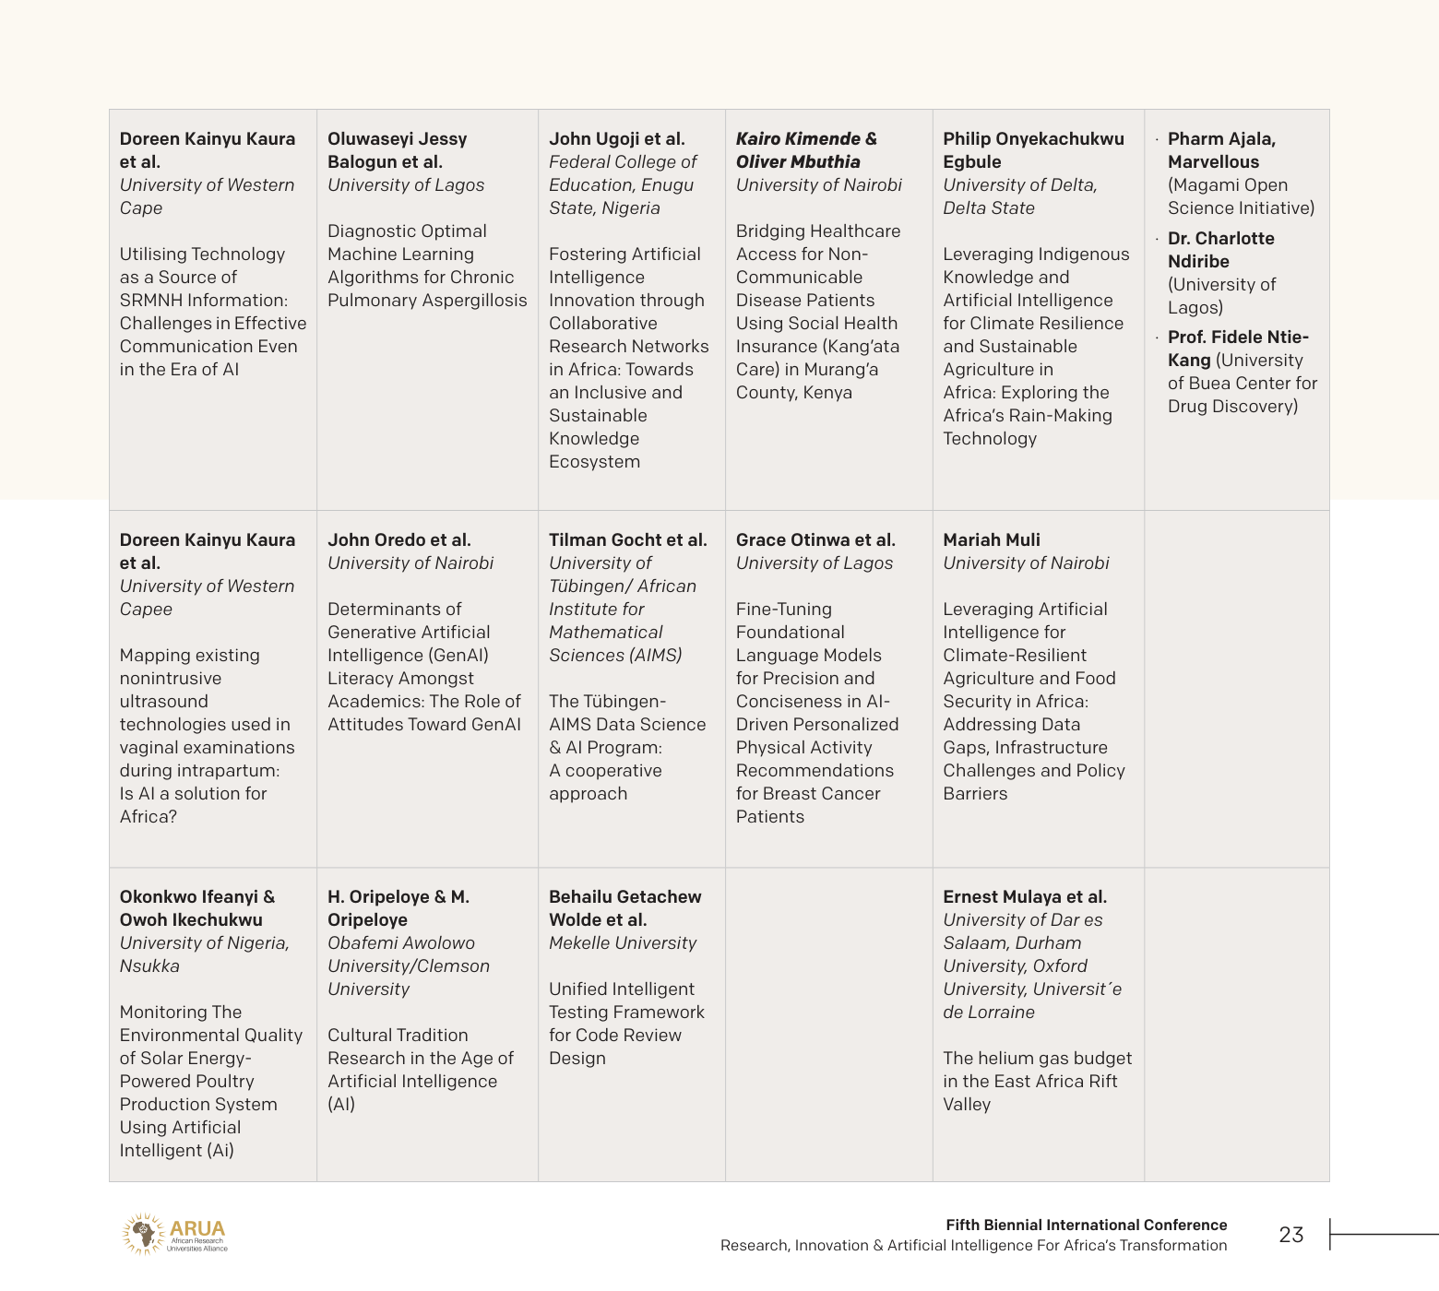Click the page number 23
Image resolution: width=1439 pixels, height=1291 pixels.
click(x=1290, y=1235)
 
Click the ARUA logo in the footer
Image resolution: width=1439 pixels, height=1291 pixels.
click(x=175, y=1234)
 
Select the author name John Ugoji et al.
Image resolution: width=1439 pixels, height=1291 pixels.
click(x=616, y=139)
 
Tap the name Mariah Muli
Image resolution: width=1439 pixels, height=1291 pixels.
click(x=991, y=540)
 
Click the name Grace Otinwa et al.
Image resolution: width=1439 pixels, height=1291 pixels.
click(x=815, y=540)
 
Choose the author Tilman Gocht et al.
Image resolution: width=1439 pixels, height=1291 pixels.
click(x=627, y=540)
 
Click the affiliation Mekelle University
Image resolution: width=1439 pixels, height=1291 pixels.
click(x=623, y=943)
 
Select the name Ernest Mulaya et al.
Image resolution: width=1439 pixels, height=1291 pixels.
click(x=1024, y=897)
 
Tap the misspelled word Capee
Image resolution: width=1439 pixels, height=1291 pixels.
click(x=146, y=610)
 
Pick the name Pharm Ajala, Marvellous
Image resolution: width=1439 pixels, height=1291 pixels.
click(x=1221, y=150)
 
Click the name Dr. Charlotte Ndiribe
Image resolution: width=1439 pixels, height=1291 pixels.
click(x=1220, y=250)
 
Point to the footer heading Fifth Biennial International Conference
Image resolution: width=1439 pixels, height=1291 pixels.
click(x=1086, y=1225)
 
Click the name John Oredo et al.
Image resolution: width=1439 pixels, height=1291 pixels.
click(x=398, y=540)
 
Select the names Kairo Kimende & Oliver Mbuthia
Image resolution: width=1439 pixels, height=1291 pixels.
click(x=806, y=150)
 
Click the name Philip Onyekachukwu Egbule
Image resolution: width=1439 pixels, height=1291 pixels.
click(x=1033, y=150)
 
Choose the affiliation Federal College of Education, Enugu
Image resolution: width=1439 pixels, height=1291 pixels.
click(x=623, y=173)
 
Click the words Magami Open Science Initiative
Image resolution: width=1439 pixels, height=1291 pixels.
click(x=1241, y=196)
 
